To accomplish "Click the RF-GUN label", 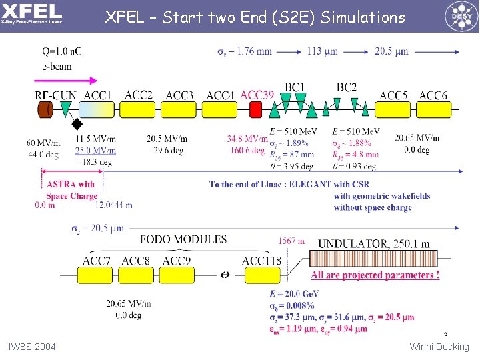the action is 55,96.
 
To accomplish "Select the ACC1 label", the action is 97,96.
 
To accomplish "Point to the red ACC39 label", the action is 257,95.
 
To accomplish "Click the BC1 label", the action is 295,87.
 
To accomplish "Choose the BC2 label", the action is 346,87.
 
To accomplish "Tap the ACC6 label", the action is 433,96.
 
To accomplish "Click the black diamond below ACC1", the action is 77,123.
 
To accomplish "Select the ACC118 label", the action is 261,261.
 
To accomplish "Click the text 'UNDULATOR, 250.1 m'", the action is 374,244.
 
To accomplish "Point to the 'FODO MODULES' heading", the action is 183,239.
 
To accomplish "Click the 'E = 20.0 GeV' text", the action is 294,294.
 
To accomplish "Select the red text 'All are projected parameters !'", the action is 375,275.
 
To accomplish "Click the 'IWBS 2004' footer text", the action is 32,347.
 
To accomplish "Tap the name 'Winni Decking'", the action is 439,347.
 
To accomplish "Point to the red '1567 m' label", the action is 292,241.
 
